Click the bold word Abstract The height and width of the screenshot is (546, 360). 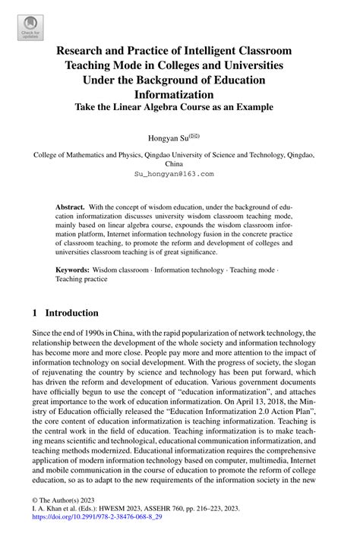pyautogui.click(x=70, y=207)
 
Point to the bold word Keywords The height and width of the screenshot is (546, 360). pyautogui.click(x=72, y=270)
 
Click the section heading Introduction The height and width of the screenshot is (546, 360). pyautogui.click(x=72, y=312)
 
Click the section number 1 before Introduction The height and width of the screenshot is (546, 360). pyautogui.click(x=35, y=312)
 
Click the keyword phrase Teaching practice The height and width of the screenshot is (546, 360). pyautogui.click(x=81, y=279)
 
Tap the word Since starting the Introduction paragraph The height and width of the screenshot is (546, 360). pyautogui.click(x=43, y=333)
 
